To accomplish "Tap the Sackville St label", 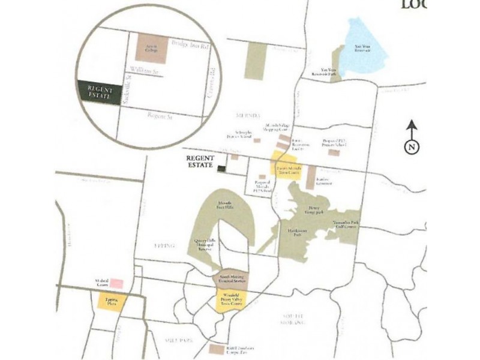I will [125, 95].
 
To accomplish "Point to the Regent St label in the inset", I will [160, 115].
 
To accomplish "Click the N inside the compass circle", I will [412, 146].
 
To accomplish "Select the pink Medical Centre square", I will [116, 283].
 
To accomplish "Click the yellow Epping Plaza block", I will [112, 301].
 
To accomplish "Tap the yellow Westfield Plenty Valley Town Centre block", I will [229, 301].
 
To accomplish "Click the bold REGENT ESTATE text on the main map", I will [200, 162].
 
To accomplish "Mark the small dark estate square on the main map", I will [221, 169].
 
